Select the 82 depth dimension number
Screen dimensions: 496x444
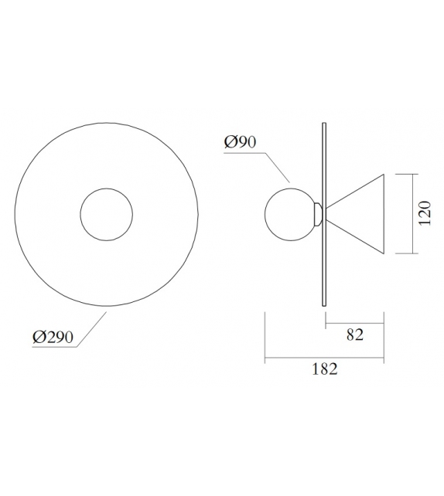point(355,334)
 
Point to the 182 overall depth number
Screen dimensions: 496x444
point(326,369)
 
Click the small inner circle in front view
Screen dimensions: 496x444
point(106,212)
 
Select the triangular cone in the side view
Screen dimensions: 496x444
point(364,213)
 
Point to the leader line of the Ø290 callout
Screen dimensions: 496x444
point(93,330)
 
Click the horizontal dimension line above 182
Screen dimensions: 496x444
point(325,358)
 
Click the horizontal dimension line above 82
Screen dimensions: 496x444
point(355,322)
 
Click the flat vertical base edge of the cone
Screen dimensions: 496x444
point(384,213)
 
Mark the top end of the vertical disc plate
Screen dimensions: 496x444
point(323,122)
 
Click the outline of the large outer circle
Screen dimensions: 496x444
point(15,212)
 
